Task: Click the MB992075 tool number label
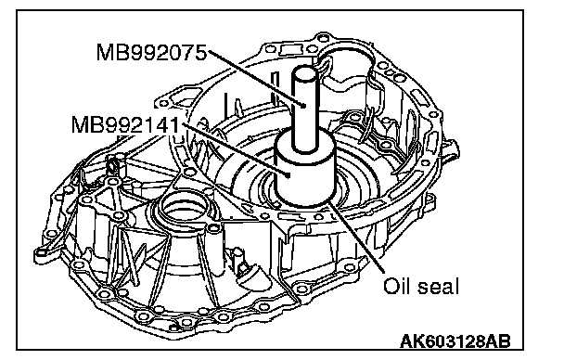click(x=151, y=53)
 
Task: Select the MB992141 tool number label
click(x=125, y=125)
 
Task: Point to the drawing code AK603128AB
click(x=455, y=341)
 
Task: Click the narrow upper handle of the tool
click(x=305, y=108)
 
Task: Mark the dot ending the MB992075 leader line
click(x=304, y=106)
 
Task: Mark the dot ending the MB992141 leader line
click(x=288, y=175)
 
